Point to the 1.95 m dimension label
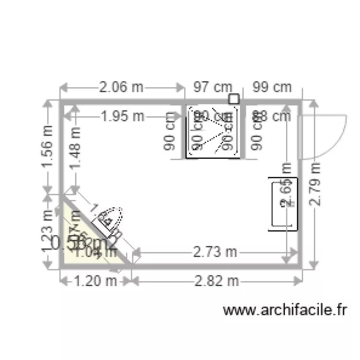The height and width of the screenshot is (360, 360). click(x=122, y=116)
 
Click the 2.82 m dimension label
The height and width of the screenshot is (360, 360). click(x=216, y=281)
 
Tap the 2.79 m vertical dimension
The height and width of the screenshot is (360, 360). click(x=314, y=183)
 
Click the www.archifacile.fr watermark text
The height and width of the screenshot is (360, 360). click(x=285, y=311)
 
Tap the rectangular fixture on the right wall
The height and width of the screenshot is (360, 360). click(x=282, y=203)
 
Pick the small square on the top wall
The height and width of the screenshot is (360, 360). click(x=234, y=99)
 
